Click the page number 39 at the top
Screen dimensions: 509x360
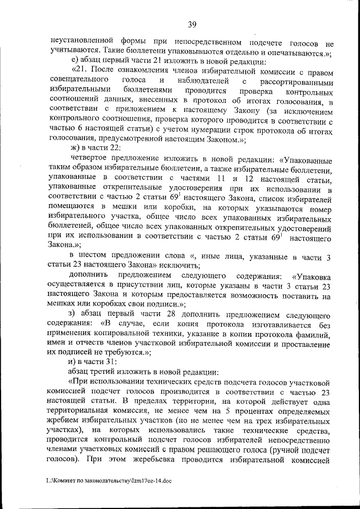point(191,24)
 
